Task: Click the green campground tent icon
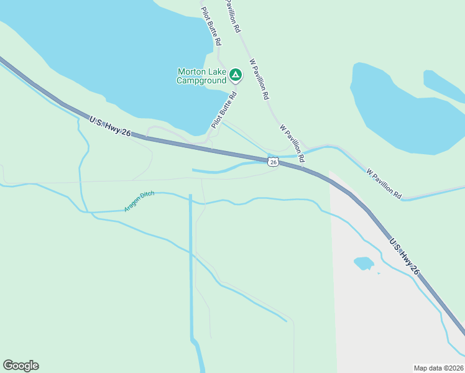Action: [236, 75]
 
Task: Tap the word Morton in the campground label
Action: [191, 71]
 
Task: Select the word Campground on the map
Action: [201, 80]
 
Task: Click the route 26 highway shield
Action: [273, 162]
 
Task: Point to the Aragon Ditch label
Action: [139, 202]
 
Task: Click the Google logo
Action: [21, 365]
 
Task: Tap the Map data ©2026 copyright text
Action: [438, 367]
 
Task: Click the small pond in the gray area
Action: [364, 263]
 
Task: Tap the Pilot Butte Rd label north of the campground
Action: [211, 26]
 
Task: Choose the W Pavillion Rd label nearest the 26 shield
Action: [292, 143]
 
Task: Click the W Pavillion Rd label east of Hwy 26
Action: [384, 183]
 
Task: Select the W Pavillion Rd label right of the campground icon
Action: [259, 80]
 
